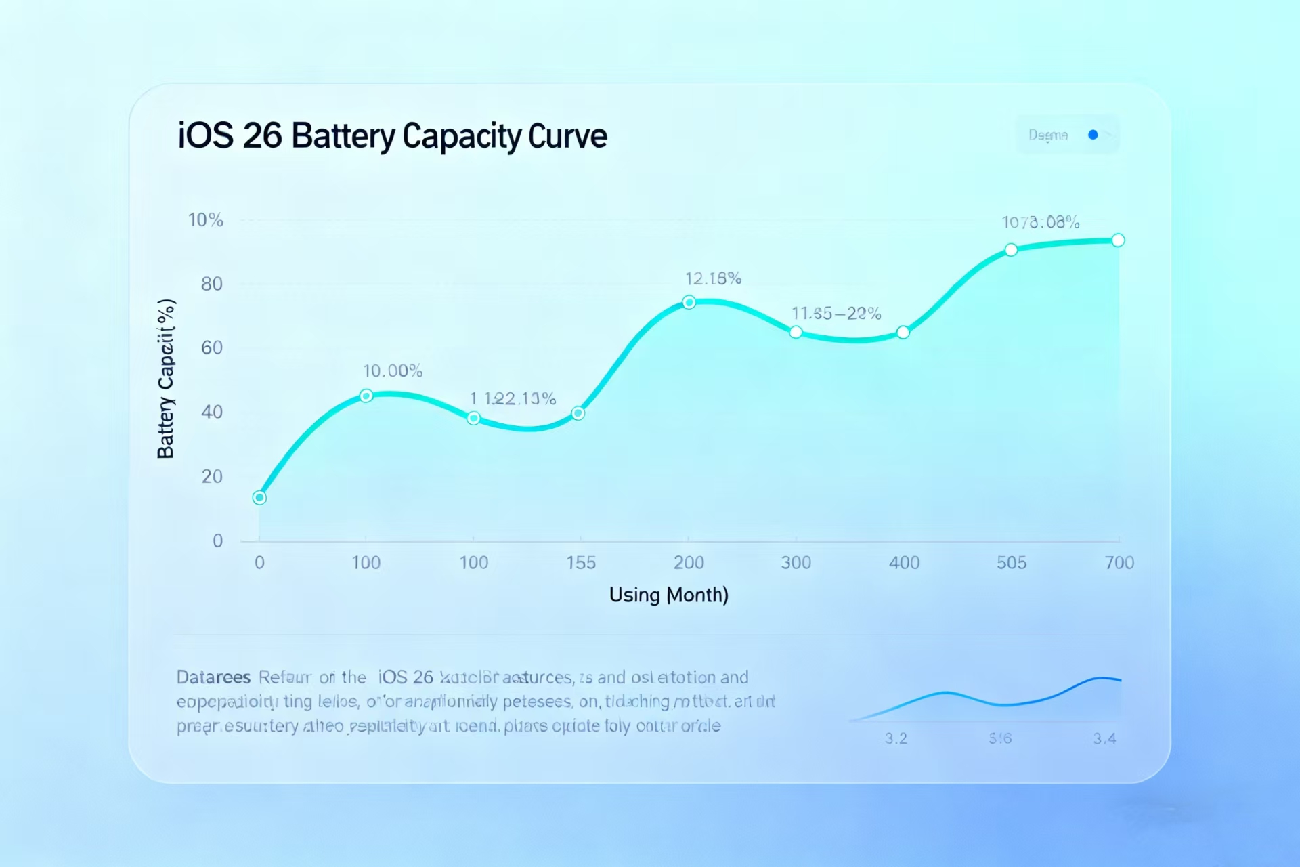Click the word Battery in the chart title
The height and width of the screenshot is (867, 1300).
pos(343,137)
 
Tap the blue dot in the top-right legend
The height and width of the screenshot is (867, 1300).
pos(1093,135)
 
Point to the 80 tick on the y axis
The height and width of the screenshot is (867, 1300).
pos(211,284)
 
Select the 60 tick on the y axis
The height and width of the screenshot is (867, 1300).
pos(211,347)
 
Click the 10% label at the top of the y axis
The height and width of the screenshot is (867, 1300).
pos(205,220)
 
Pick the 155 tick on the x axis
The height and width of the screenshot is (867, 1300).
pos(581,563)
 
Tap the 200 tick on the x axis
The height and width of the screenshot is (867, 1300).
pos(689,563)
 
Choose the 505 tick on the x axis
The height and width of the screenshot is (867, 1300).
pos(1012,563)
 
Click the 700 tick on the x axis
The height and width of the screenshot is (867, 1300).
pos(1119,563)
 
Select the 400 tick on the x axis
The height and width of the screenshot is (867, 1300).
pos(904,563)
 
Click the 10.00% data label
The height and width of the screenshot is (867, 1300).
pos(393,371)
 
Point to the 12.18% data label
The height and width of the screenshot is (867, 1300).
pos(713,278)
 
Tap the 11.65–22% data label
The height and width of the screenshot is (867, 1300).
pos(836,314)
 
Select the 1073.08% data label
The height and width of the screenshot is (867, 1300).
pos(1041,222)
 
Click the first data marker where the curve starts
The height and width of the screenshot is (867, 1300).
pos(259,498)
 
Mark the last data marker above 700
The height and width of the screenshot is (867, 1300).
pos(1119,240)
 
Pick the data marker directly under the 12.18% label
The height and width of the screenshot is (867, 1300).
pos(689,302)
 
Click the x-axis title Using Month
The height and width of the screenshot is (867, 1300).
pos(668,595)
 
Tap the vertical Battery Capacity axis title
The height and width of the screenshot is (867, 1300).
pos(166,379)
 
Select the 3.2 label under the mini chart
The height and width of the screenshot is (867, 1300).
pos(896,738)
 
